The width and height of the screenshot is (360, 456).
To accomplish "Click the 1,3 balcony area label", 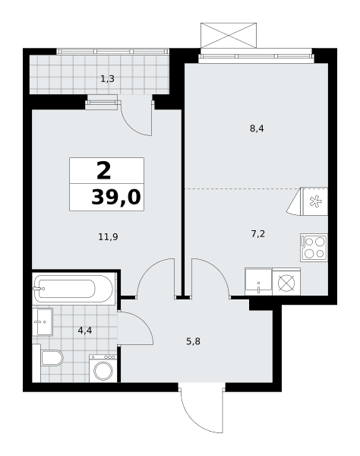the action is [107, 79].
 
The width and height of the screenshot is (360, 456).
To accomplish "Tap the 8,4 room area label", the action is [257, 128].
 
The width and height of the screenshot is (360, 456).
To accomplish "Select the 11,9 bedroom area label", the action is [108, 237].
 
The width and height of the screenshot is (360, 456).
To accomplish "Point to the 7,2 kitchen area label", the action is [258, 233].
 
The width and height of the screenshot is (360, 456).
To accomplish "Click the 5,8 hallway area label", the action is [193, 341].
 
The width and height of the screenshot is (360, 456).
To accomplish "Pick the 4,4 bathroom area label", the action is [85, 331].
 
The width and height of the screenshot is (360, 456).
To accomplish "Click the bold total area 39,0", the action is [116, 197].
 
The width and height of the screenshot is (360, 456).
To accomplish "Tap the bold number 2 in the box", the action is [104, 171].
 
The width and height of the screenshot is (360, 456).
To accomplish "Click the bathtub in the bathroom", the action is [73, 289].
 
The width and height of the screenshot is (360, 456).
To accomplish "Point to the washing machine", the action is [103, 369].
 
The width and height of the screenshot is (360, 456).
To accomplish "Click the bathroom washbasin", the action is [43, 322].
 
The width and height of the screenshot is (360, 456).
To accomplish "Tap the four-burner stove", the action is [314, 248].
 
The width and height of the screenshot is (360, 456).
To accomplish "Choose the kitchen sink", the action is [258, 282].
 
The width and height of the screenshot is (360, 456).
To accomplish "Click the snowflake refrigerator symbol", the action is [314, 201].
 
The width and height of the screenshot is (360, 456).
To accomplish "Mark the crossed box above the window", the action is [229, 36].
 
